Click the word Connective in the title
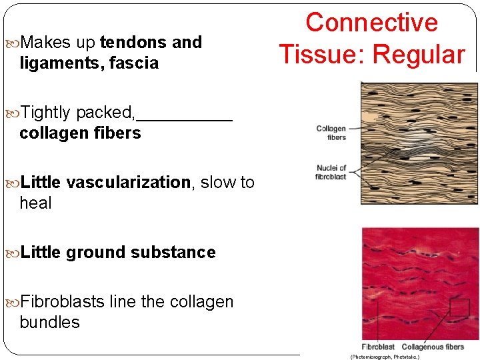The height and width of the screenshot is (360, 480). pyautogui.click(x=371, y=23)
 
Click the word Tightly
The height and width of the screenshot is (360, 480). pyautogui.click(x=46, y=113)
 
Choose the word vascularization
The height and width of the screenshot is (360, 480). pyautogui.click(x=129, y=182)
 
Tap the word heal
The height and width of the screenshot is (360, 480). pyautogui.click(x=35, y=203)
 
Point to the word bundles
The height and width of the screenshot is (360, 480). pyautogui.click(x=49, y=322)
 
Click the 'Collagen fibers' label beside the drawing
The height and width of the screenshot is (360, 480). pyautogui.click(x=331, y=133)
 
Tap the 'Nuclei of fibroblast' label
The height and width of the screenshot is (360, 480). pyautogui.click(x=331, y=172)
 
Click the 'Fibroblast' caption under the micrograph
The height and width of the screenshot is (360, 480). pyautogui.click(x=378, y=347)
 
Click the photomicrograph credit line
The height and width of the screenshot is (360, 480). pyautogui.click(x=385, y=357)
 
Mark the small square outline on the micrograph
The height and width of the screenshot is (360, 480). pyautogui.click(x=459, y=307)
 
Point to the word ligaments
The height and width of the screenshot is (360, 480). pyautogui.click(x=54, y=63)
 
